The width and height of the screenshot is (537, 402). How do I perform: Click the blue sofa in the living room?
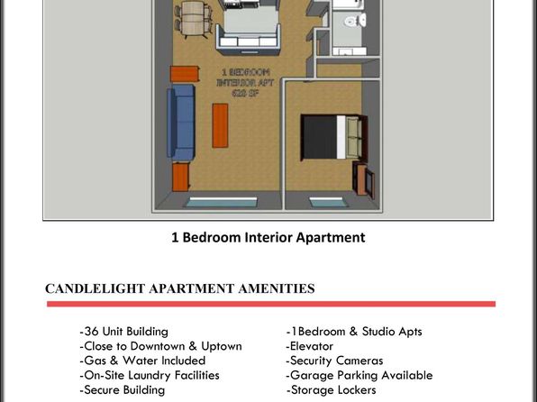pyautogui.click(x=181, y=123)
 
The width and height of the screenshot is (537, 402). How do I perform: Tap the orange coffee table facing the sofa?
pyautogui.click(x=220, y=126)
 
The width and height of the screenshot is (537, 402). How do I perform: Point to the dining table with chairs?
pyautogui.click(x=194, y=19)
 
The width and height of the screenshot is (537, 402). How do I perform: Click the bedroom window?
pyautogui.click(x=328, y=203)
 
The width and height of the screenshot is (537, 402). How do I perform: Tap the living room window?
pyautogui.click(x=222, y=202)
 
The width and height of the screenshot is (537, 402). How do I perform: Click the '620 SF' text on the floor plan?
pyautogui.click(x=244, y=93)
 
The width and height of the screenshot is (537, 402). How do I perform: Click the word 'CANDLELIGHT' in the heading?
pyautogui.click(x=96, y=288)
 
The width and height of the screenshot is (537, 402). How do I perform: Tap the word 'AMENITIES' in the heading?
pyautogui.click(x=277, y=288)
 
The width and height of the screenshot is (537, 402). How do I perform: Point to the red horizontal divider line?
pyautogui.click(x=271, y=304)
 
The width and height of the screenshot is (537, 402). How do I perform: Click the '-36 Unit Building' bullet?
pyautogui.click(x=124, y=332)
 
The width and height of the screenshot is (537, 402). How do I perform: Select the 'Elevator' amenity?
pyautogui.click(x=310, y=346)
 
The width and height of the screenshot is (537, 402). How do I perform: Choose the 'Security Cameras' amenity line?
pyautogui.click(x=334, y=361)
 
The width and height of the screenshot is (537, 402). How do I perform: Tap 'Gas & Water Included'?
pyautogui.click(x=142, y=361)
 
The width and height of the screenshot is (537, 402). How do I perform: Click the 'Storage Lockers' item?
pyautogui.click(x=332, y=389)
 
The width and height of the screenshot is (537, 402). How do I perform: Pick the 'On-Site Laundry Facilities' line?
pyautogui.click(x=150, y=375)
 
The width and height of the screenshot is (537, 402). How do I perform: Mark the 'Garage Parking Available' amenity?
pyautogui.click(x=360, y=375)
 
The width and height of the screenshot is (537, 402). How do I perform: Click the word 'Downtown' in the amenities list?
pyautogui.click(x=158, y=346)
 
